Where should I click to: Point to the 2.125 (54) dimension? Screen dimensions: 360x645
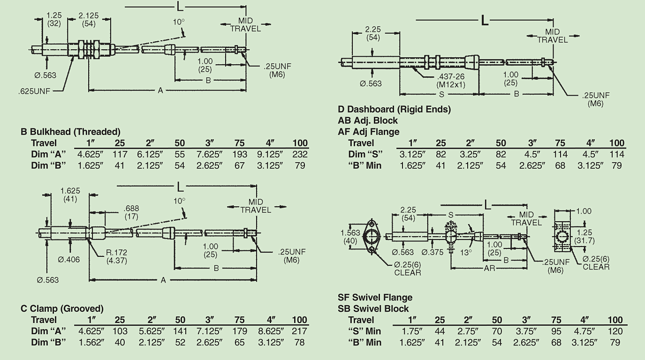click(89, 19)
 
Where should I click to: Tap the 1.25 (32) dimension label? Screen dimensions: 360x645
click(54, 19)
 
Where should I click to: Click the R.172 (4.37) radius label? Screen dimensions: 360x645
click(115, 256)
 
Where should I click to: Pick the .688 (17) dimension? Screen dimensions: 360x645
click(131, 212)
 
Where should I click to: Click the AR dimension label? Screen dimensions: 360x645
click(488, 268)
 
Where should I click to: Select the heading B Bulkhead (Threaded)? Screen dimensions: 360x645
click(70, 132)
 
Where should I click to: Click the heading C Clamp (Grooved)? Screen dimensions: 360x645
click(62, 308)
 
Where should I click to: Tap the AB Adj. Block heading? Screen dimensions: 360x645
click(368, 120)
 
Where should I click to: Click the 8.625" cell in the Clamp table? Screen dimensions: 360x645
click(270, 331)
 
